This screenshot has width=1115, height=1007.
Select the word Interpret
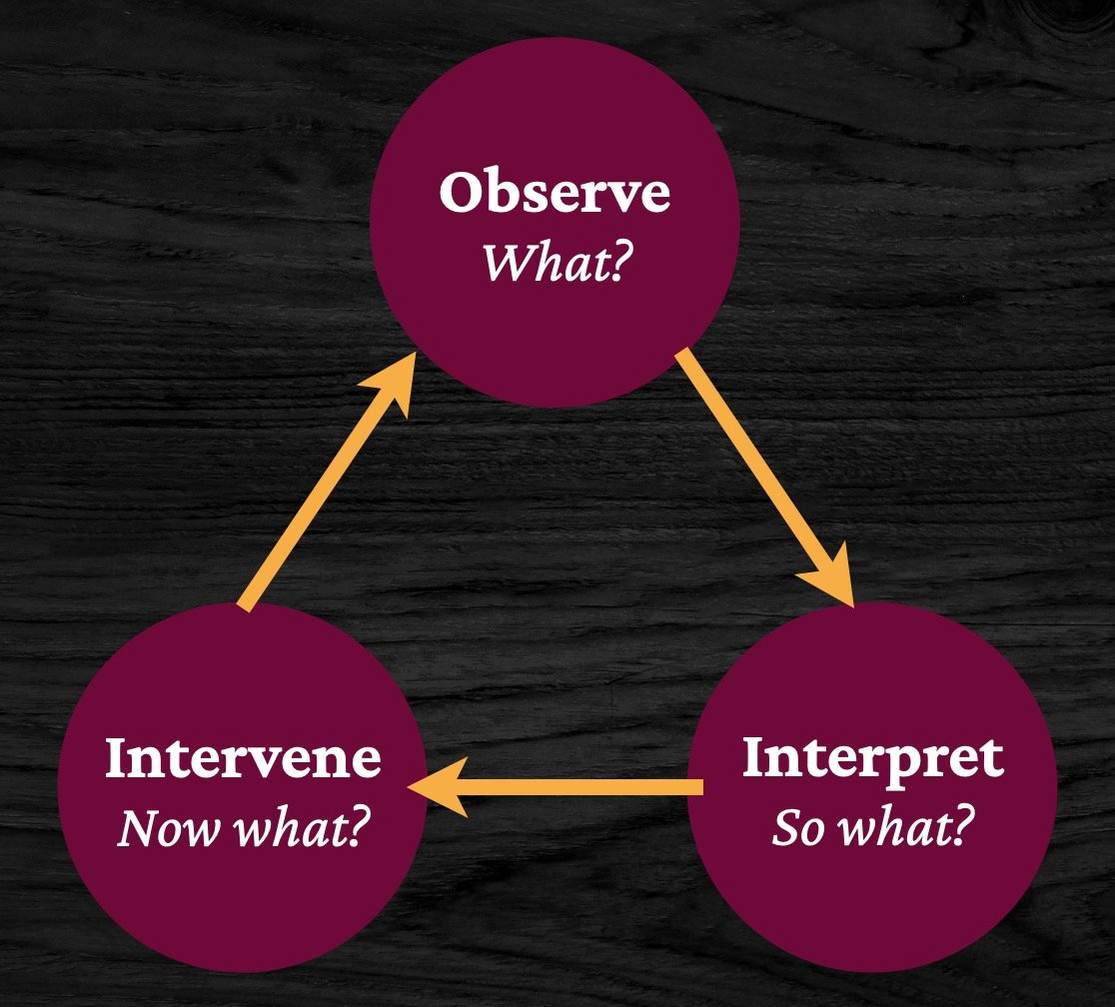(872, 760)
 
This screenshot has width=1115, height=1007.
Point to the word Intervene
(243, 759)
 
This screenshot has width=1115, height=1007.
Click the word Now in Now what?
(157, 828)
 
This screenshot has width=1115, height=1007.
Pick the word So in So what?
(798, 827)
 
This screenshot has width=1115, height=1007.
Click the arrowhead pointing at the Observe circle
(395, 385)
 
